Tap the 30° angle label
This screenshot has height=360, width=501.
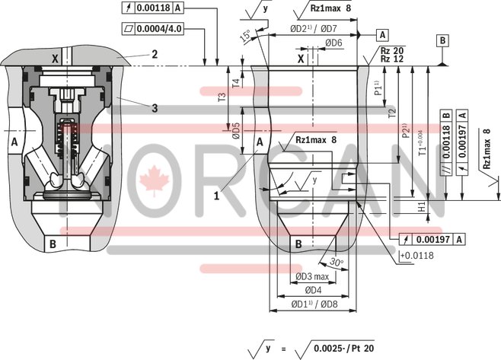click(x=337, y=263)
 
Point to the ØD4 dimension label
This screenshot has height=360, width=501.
click(x=311, y=290)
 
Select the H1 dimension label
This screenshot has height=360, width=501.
click(x=422, y=207)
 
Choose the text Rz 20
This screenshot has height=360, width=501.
click(x=393, y=50)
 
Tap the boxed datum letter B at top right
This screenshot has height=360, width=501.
click(x=443, y=40)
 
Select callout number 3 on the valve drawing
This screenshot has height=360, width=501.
click(x=154, y=109)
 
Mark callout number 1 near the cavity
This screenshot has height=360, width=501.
click(x=217, y=195)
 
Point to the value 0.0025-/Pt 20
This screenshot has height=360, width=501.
click(x=343, y=348)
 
